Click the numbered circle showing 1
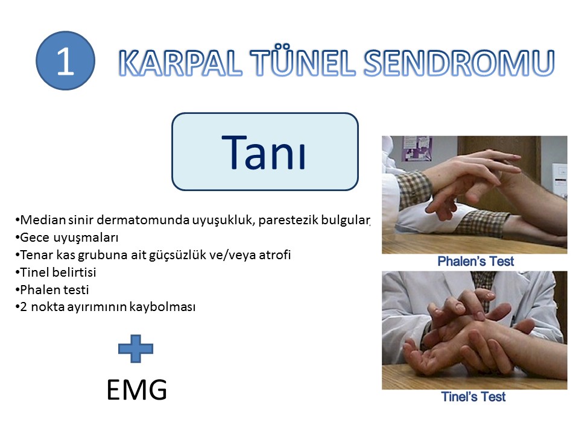coord(65,60)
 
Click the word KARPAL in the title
coord(180,63)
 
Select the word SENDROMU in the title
coord(459,63)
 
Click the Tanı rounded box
coord(265,152)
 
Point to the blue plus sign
coord(136,348)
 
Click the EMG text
coord(137,390)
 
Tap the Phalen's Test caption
coord(476,261)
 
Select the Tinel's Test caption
coord(473,397)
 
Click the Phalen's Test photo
coord(475,195)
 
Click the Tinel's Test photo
coord(475,330)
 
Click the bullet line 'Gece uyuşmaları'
coord(67,237)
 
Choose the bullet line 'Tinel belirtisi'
coord(55,272)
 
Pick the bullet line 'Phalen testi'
coord(52,290)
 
